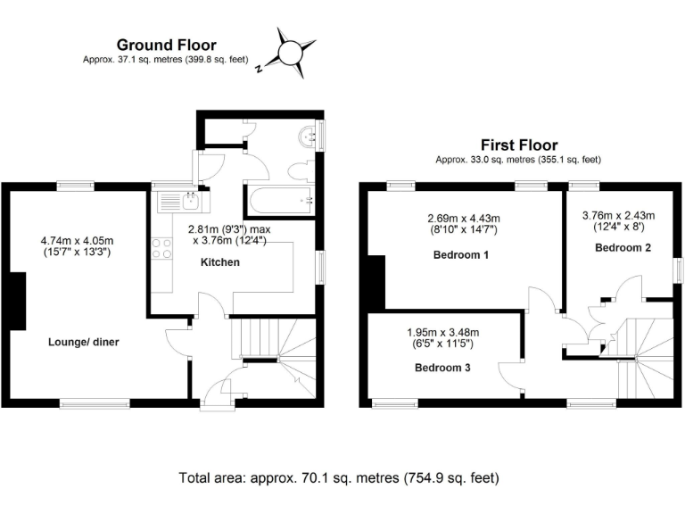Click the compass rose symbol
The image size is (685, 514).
pos(290,52)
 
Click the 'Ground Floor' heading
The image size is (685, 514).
pos(167,45)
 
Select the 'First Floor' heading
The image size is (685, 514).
pos(518,145)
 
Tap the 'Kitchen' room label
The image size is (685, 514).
pos(219,262)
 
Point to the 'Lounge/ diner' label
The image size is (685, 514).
pos(83,341)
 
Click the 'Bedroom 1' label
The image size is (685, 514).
pos(461,254)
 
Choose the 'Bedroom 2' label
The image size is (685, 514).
pos(623,247)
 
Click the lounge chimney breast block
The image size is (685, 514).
pos(18,299)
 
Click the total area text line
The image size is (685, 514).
pos(339,477)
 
